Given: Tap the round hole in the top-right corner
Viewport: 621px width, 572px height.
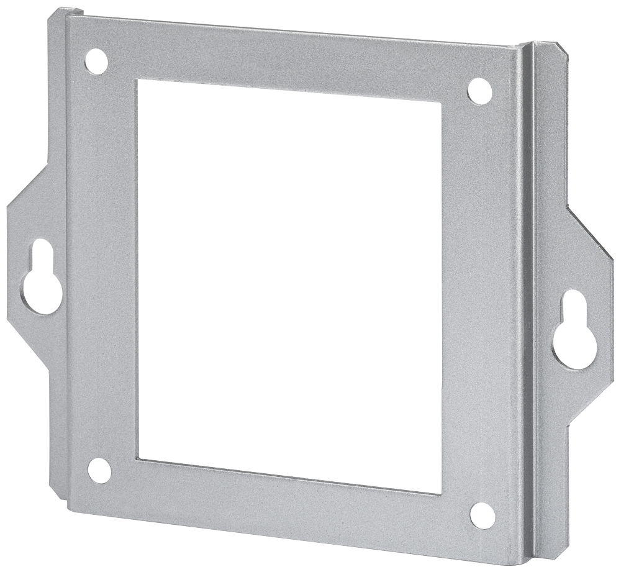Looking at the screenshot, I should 479,91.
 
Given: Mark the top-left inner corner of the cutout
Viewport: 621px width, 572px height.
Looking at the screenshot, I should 138,80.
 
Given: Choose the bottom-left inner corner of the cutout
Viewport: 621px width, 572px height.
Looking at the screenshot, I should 139,459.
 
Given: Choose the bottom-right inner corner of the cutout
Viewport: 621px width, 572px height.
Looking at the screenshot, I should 441,494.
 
